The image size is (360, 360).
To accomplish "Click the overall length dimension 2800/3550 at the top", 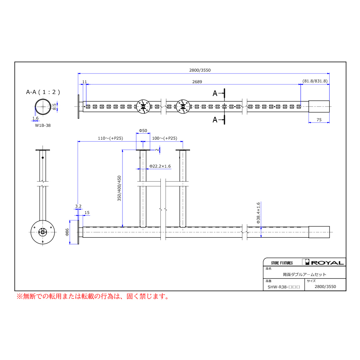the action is click(200, 70).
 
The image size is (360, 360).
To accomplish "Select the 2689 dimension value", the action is click(197, 82).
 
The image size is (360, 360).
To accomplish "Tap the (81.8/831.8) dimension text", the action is click(315, 81).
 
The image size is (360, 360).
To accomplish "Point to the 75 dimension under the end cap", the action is click(319, 120).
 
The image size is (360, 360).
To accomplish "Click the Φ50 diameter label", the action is click(143, 130).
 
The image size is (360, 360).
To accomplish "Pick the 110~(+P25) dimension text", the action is click(110, 138).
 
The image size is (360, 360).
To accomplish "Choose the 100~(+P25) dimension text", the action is click(165, 138).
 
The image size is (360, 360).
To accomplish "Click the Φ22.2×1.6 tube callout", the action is click(160, 166).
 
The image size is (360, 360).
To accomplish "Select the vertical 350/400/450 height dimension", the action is click(119, 188).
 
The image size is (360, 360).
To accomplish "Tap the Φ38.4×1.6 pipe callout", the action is click(258, 213).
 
